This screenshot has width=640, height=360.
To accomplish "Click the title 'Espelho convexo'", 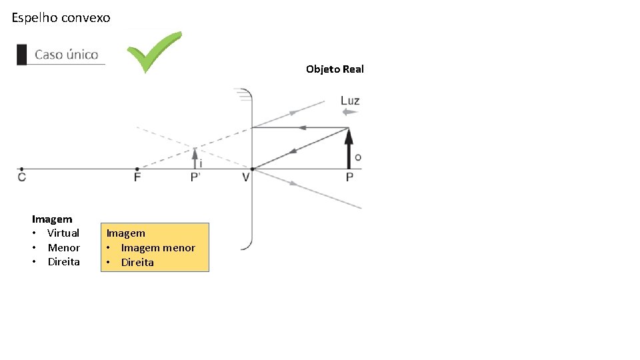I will tap(61, 18).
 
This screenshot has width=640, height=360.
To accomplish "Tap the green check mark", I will tap(154, 51).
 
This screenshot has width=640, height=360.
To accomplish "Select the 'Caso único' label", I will tap(66, 55).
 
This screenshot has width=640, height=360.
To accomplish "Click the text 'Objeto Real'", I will tap(335, 69).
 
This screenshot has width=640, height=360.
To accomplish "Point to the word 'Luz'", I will tap(350, 101).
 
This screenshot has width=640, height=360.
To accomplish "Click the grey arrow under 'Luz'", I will tap(349, 112).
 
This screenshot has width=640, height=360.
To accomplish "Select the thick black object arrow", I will tap(348, 148).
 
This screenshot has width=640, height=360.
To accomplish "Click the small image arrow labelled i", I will tap(195, 158).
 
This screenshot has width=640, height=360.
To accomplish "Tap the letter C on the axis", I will tap(22, 177).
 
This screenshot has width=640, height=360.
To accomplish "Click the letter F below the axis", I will tap(137, 177).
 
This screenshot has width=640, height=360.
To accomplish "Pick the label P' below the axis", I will tap(195, 177).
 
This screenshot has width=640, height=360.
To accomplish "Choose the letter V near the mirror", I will tap(246, 177).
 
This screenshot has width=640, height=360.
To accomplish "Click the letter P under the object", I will tap(349, 177).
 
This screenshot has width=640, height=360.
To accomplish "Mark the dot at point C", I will tap(22, 169).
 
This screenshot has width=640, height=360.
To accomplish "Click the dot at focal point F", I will tap(137, 169).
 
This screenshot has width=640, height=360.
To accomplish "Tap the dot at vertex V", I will tap(252, 169).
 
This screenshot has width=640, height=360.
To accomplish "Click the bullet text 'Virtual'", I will tap(63, 233).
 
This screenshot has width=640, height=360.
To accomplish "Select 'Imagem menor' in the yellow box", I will tap(158, 248).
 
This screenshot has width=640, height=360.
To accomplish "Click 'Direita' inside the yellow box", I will tap(137, 263).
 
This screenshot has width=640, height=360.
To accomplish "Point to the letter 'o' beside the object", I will tap(358, 157).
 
